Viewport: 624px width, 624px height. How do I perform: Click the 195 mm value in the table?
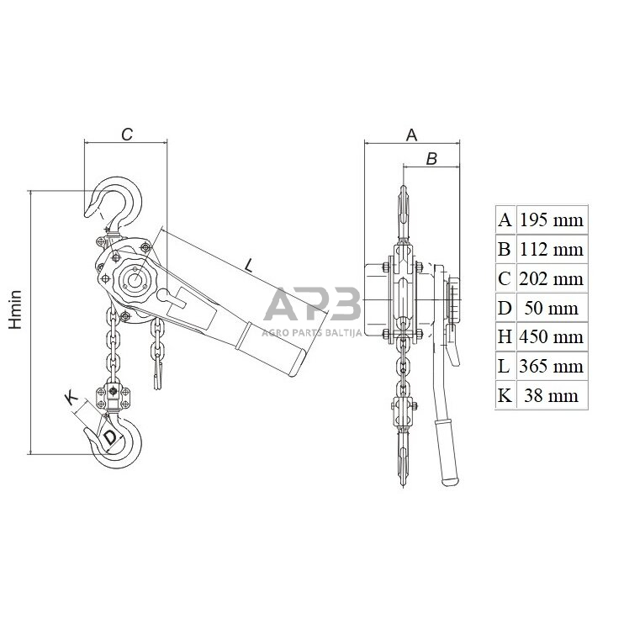coord(551,220)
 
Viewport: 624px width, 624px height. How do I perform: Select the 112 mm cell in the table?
coord(551,250)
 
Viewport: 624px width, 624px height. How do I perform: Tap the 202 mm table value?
coord(551,279)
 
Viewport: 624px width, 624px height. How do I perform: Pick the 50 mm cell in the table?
coord(551,309)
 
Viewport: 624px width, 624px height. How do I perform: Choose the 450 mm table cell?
coord(551,337)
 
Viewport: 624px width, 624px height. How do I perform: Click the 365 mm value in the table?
coord(551,367)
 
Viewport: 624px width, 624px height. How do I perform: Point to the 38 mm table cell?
coord(551,396)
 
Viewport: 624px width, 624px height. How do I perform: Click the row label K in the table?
coord(505,396)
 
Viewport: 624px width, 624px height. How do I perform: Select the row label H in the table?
coord(505,337)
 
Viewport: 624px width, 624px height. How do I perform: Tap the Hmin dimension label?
coord(15,309)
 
